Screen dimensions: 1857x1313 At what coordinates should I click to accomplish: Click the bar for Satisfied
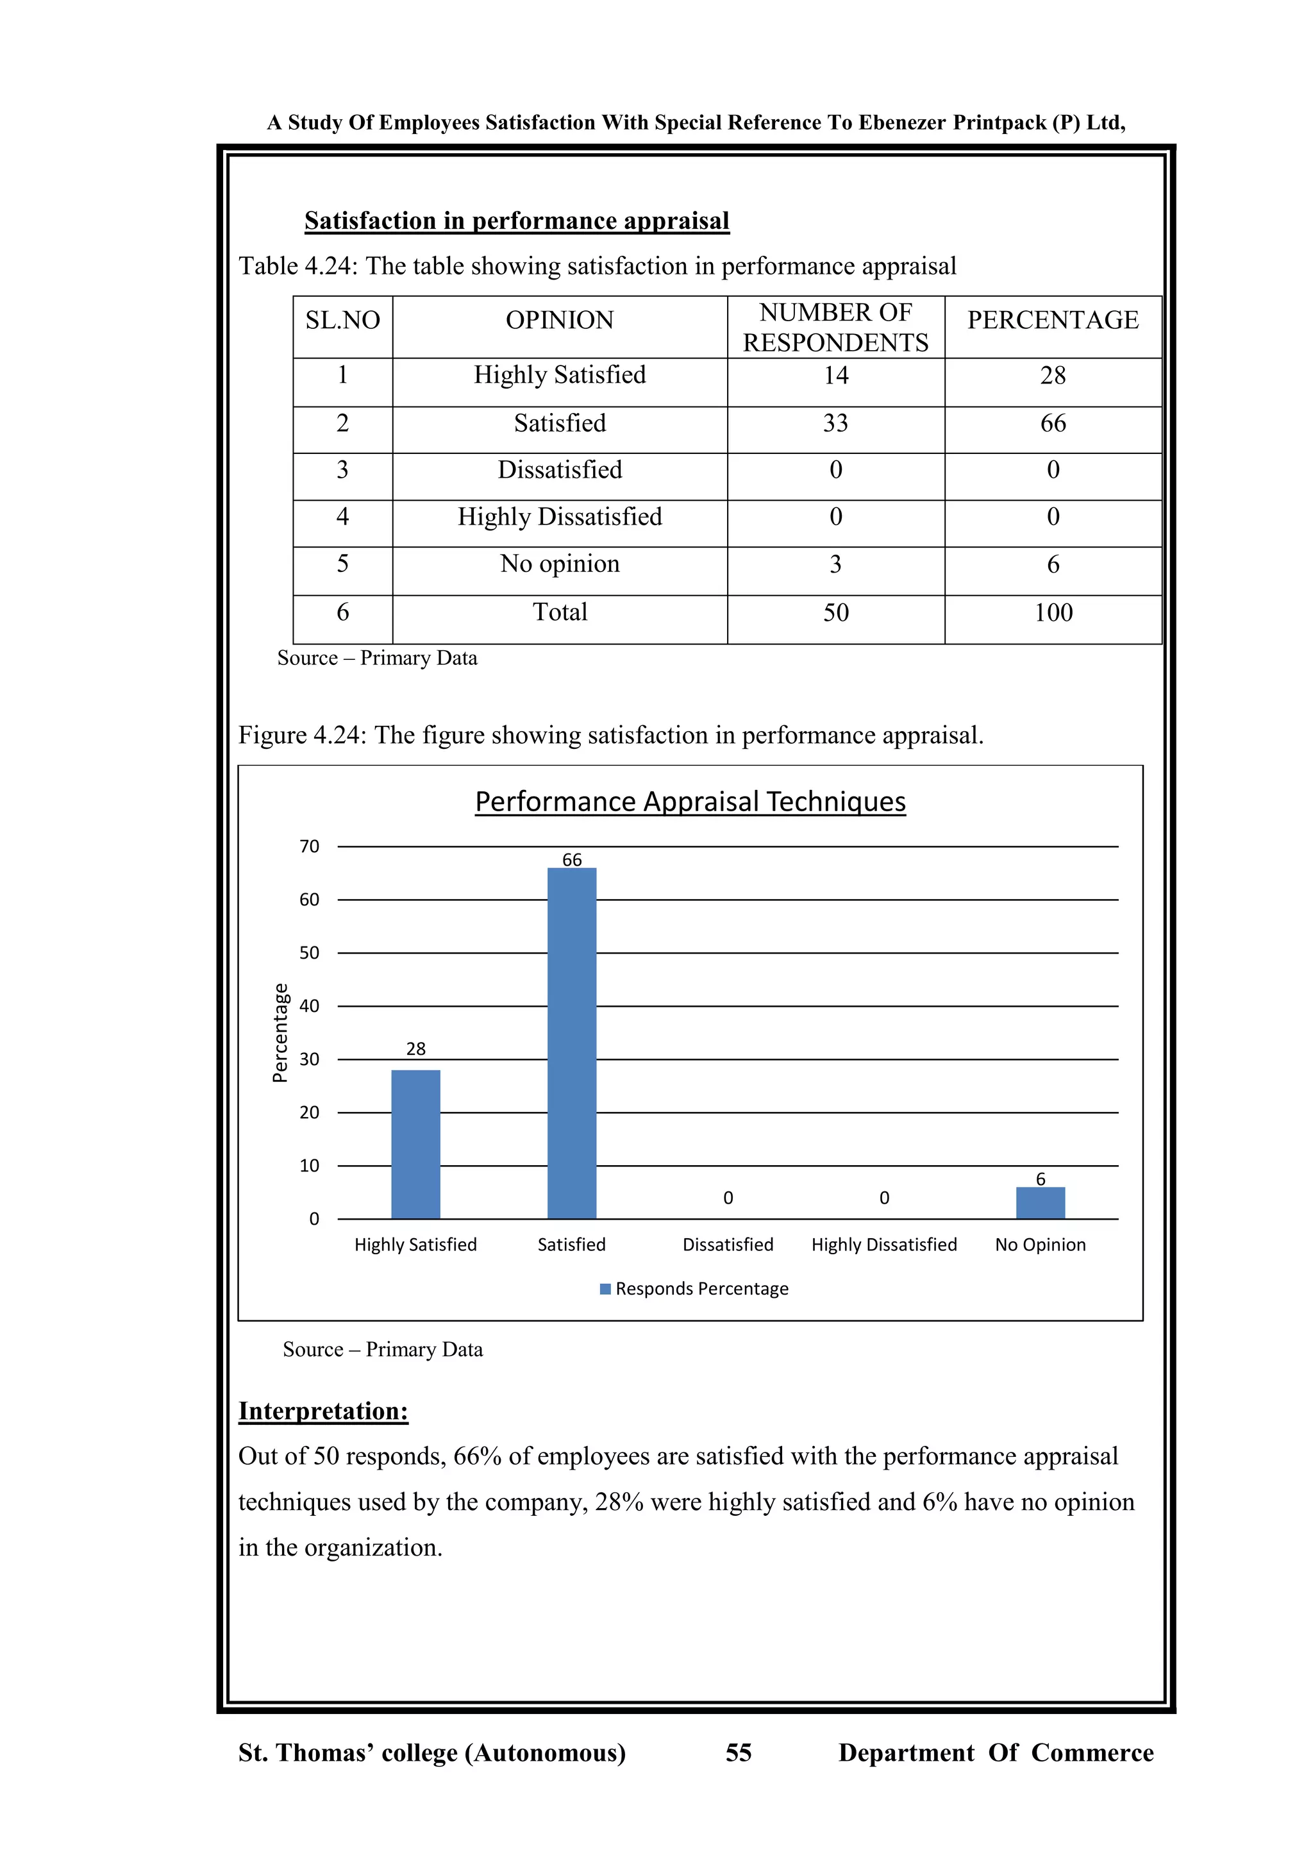pyautogui.click(x=572, y=1043)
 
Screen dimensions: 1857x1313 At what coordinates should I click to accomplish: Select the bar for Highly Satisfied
pyautogui.click(x=415, y=1145)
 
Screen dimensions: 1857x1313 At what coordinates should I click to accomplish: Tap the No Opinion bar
pyautogui.click(x=1040, y=1204)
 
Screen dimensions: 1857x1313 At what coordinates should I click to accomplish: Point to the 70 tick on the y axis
pyautogui.click(x=310, y=847)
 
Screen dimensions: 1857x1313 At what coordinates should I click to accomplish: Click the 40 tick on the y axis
pyautogui.click(x=310, y=1006)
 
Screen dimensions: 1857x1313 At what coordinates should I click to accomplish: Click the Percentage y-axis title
pyautogui.click(x=280, y=1033)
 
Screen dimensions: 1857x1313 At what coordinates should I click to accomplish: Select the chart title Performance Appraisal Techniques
pyautogui.click(x=690, y=802)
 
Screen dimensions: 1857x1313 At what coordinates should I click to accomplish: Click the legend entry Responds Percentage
pyautogui.click(x=701, y=1288)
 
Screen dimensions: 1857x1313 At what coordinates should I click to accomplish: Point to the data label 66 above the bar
pyautogui.click(x=572, y=860)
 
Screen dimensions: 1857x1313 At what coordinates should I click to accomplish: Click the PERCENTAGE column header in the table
pyautogui.click(x=1053, y=320)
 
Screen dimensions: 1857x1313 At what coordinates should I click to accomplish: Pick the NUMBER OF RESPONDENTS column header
pyautogui.click(x=835, y=328)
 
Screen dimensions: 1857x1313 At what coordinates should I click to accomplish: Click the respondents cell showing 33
pyautogui.click(x=835, y=423)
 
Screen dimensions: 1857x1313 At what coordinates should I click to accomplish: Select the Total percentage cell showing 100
pyautogui.click(x=1053, y=612)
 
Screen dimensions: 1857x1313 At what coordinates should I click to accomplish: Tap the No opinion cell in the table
pyautogui.click(x=560, y=564)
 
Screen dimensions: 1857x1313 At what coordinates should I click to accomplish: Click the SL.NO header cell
pyautogui.click(x=343, y=320)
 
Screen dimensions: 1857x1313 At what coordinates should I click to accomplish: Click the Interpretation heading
pyautogui.click(x=323, y=1411)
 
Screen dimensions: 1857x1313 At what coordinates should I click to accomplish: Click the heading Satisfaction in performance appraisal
pyautogui.click(x=517, y=221)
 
